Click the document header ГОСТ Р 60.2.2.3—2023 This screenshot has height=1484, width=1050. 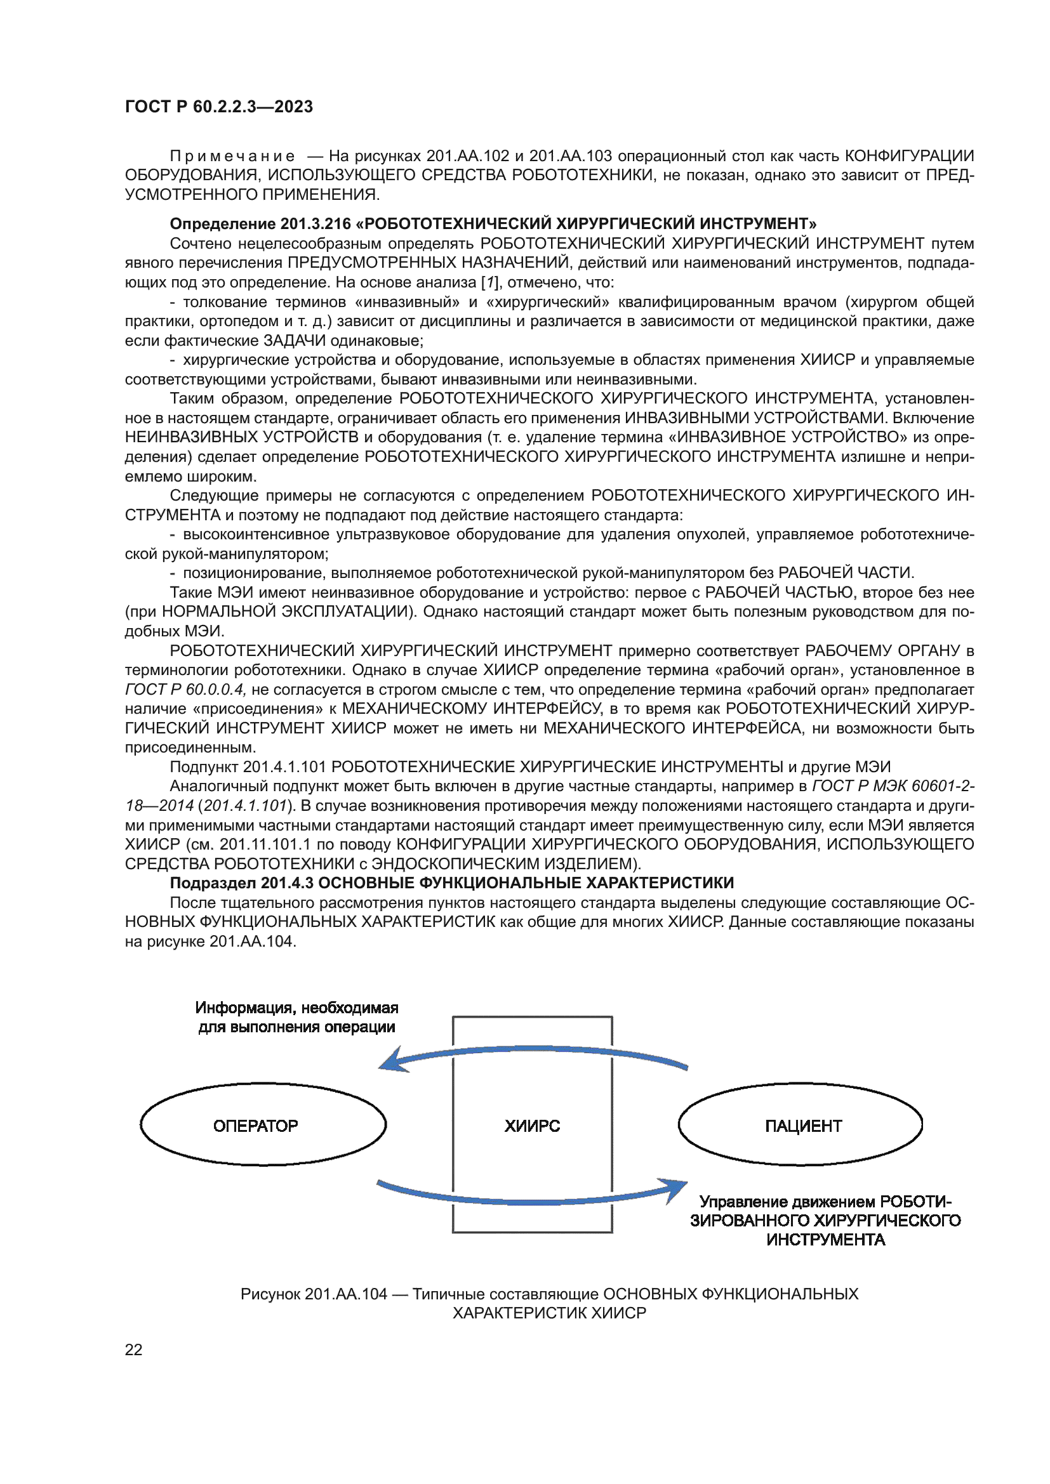point(218,107)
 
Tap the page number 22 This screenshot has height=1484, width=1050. point(133,1349)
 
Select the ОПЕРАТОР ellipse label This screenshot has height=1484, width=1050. point(255,1126)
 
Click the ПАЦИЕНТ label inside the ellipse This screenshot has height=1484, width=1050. point(803,1126)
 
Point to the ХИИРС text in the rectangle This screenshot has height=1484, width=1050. point(531,1126)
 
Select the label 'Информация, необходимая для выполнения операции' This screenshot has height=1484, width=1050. point(296,1017)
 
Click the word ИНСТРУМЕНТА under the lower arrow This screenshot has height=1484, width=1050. point(825,1240)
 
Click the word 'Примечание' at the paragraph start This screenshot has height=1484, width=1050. point(232,157)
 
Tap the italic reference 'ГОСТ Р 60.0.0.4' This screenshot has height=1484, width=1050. point(185,690)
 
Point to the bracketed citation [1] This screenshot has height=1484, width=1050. point(489,282)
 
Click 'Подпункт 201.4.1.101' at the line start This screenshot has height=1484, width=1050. point(248,767)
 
